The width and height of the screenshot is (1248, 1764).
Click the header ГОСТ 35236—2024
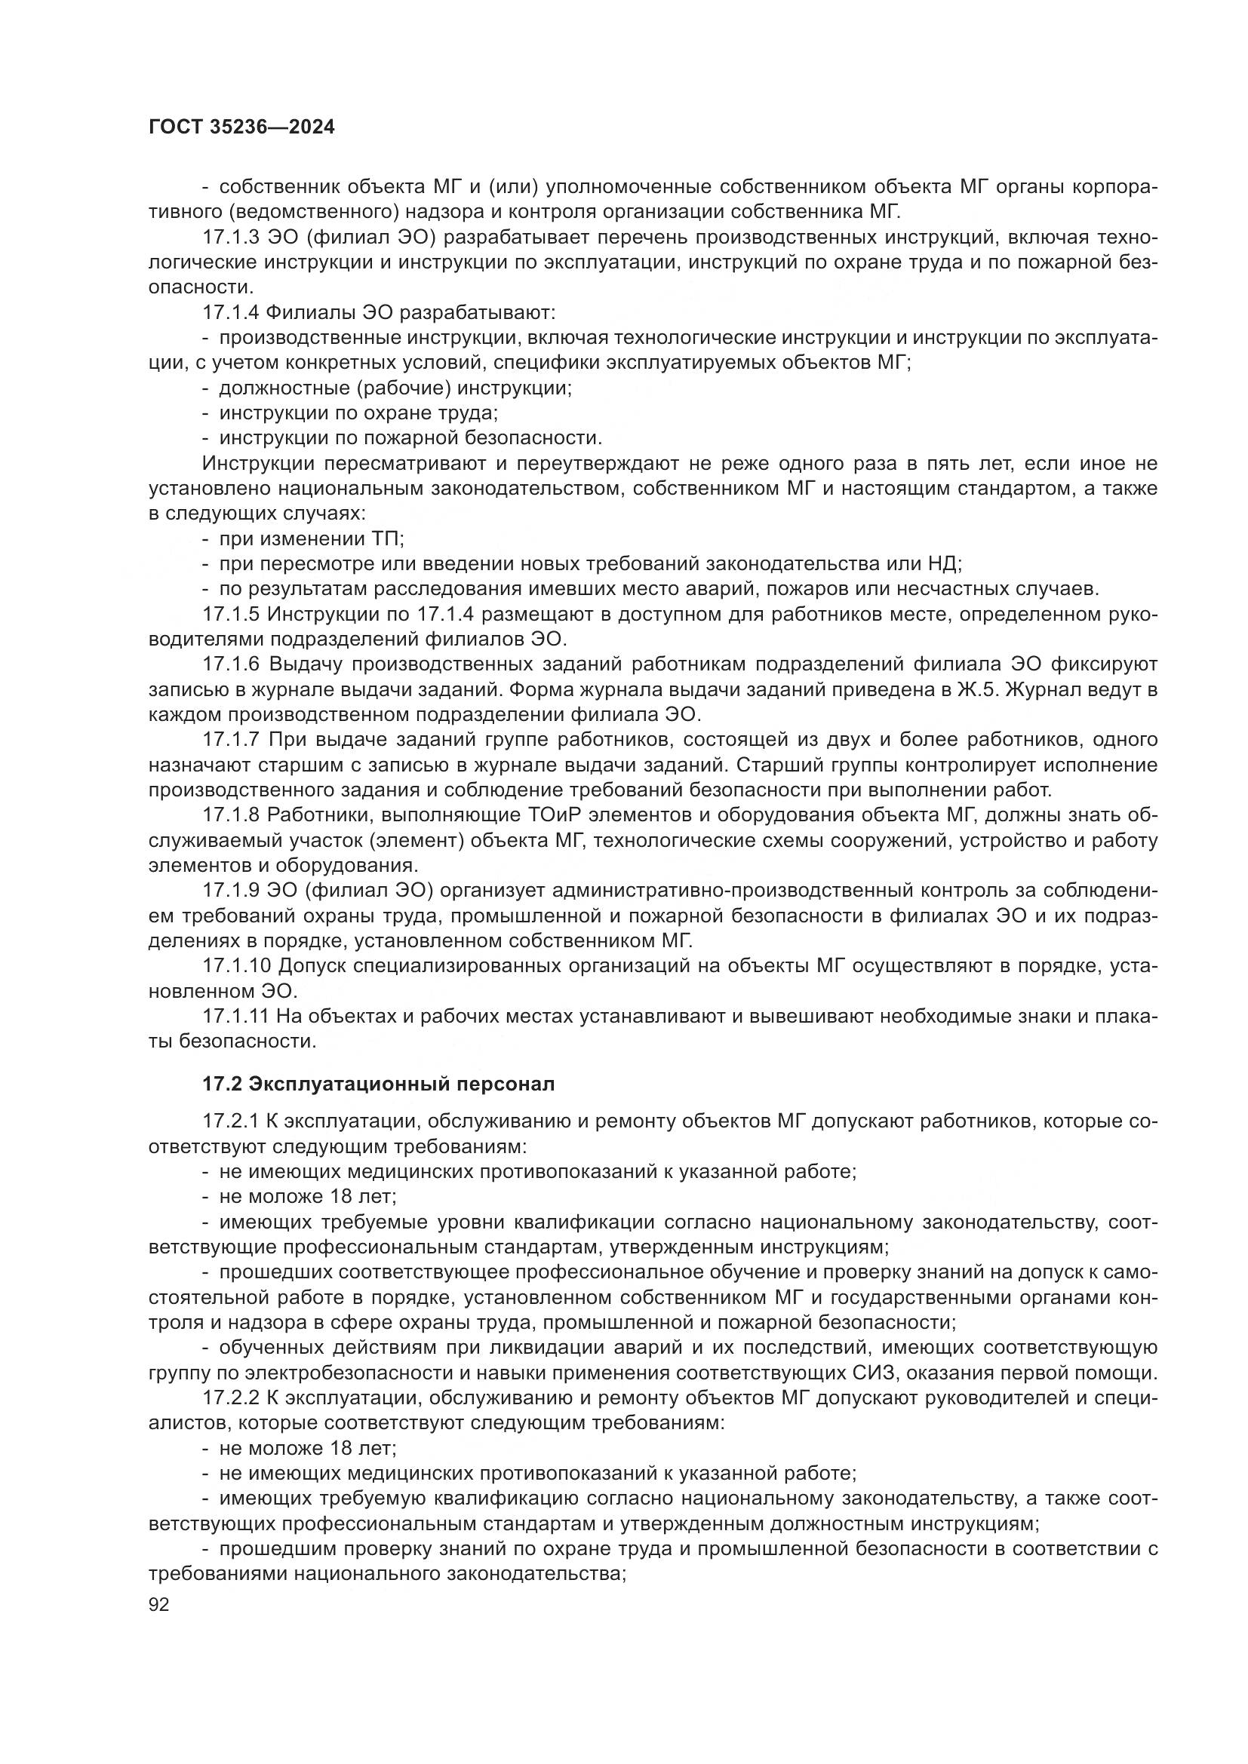pyautogui.click(x=241, y=127)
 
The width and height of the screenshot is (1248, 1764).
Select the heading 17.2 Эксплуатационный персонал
pyautogui.click(x=378, y=1084)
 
